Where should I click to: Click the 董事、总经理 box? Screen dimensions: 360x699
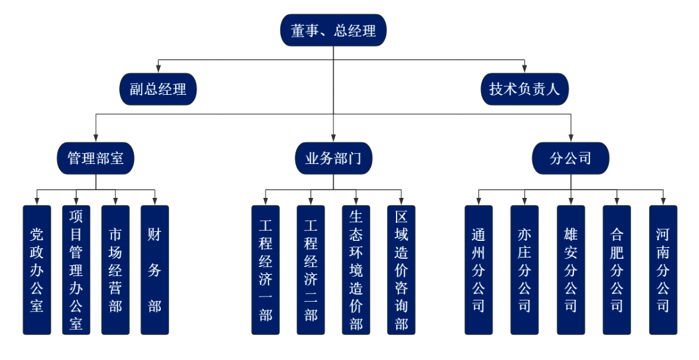[x=333, y=30]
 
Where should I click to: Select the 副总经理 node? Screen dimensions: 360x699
[x=158, y=89]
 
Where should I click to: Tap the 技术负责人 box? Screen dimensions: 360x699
[x=524, y=89]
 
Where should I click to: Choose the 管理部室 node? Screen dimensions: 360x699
[x=95, y=158]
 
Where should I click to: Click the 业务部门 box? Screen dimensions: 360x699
[x=333, y=158]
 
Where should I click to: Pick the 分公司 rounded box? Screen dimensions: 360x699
[x=570, y=158]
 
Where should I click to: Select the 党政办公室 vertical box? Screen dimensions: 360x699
[x=37, y=270]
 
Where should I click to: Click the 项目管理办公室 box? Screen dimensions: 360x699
[x=76, y=270]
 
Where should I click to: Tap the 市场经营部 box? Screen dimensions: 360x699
[x=115, y=270]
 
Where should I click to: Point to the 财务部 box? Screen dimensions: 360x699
[x=154, y=270]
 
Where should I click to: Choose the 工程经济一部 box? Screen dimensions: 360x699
[x=265, y=270]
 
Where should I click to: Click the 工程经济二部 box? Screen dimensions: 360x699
[x=311, y=270]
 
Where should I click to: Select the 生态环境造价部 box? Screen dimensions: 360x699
[x=356, y=270]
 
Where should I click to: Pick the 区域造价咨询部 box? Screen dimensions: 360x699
[x=401, y=270]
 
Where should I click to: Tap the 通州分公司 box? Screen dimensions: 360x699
[x=479, y=270]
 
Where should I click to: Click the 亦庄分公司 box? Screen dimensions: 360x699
[x=524, y=270]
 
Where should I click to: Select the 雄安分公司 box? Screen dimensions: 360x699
[x=570, y=270]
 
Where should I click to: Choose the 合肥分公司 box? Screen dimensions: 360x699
[x=616, y=270]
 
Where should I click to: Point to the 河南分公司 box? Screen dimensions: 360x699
[x=662, y=270]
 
